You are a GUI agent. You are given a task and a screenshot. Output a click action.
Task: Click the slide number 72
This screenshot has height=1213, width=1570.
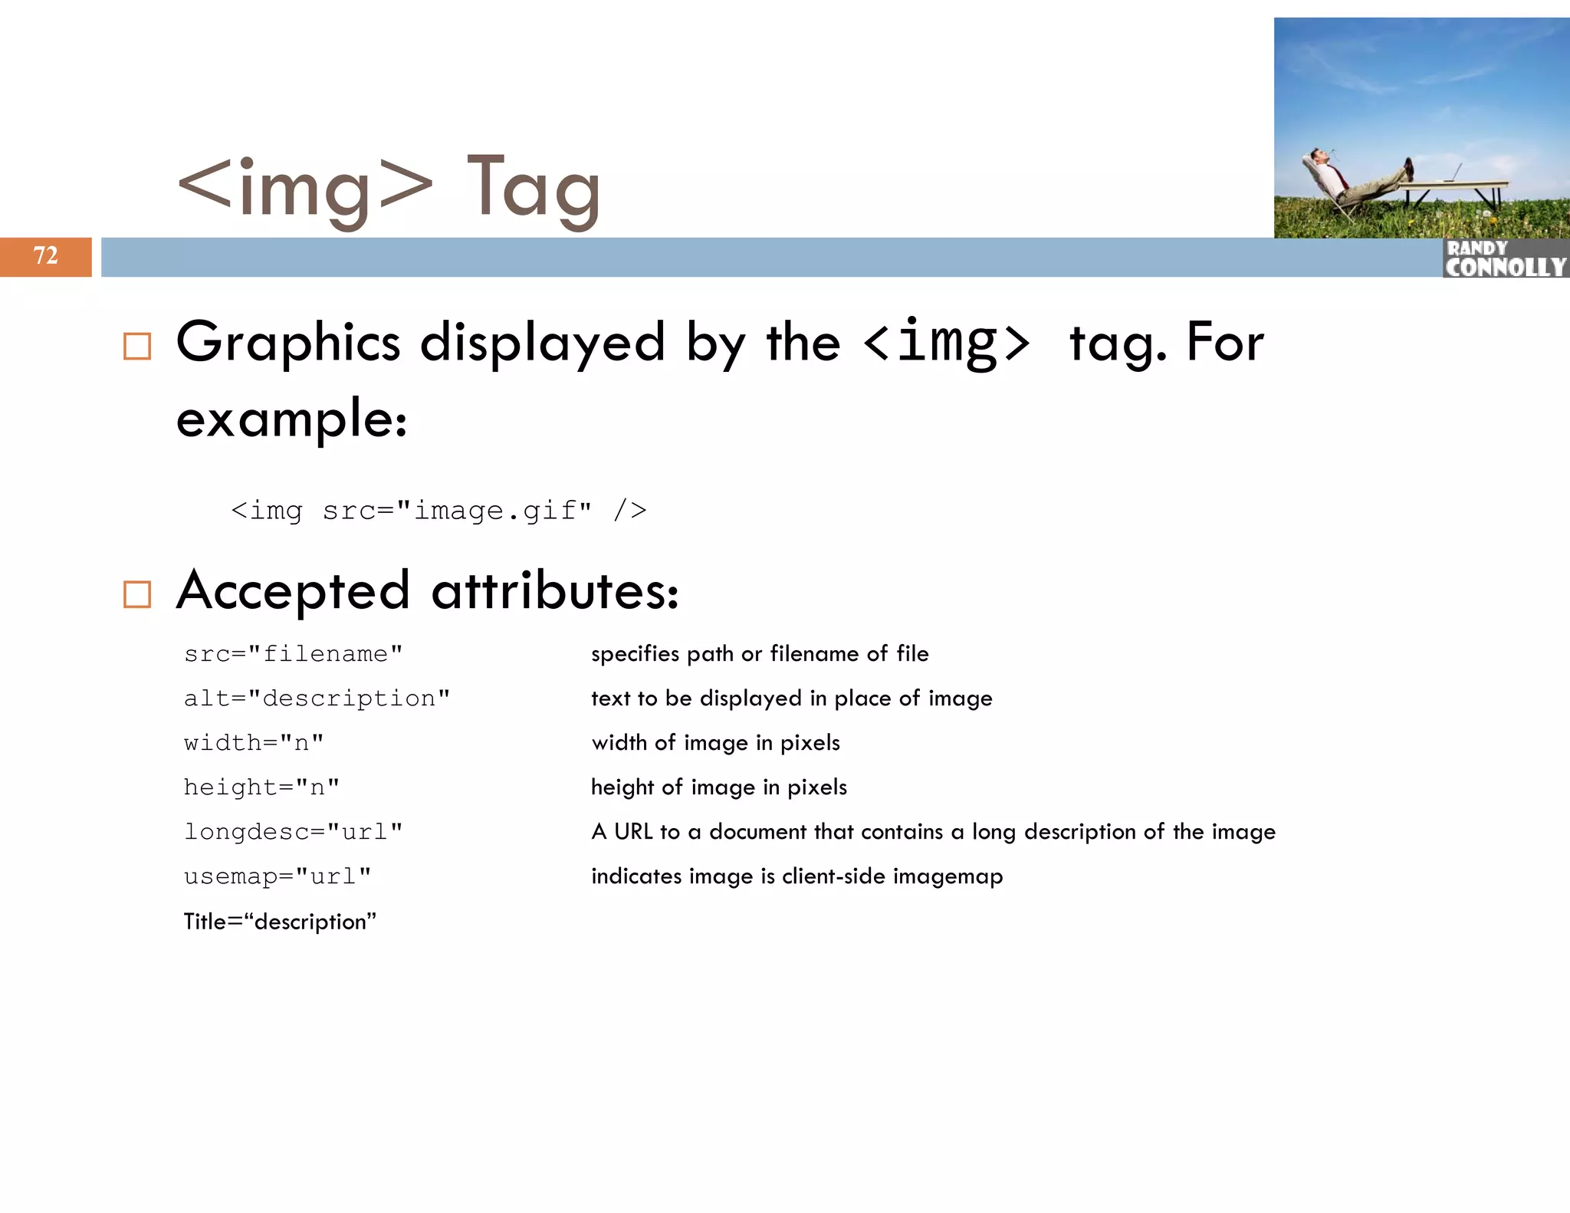(x=45, y=255)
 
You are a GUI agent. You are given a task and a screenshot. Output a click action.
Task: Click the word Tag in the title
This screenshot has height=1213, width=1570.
(x=533, y=188)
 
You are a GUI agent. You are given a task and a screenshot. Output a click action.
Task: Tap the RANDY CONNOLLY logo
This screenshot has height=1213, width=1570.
(x=1504, y=258)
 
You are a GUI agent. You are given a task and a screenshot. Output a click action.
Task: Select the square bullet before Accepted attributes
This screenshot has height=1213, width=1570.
(x=137, y=594)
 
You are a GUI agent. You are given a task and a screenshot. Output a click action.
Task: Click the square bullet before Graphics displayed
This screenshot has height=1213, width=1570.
(x=137, y=346)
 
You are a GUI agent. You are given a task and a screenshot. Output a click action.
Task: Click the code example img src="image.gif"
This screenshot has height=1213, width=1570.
(x=438, y=510)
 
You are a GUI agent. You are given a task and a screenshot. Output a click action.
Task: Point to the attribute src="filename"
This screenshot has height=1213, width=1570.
(x=293, y=654)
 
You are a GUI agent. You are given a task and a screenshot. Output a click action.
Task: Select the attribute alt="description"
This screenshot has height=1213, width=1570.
(x=317, y=699)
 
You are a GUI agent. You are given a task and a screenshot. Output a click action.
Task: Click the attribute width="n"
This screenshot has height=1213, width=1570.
(x=254, y=743)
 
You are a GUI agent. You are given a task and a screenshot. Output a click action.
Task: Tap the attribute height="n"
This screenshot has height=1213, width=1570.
(x=261, y=787)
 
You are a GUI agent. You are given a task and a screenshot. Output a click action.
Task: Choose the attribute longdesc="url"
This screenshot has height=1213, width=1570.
(x=293, y=832)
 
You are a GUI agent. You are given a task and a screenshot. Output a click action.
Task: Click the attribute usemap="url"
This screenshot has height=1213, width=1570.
(x=278, y=876)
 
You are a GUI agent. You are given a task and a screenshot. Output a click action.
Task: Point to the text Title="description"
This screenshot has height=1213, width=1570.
(x=280, y=921)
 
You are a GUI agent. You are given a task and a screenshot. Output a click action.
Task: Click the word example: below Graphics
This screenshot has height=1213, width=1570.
(x=291, y=420)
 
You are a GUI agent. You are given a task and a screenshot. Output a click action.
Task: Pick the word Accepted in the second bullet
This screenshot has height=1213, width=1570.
(x=293, y=591)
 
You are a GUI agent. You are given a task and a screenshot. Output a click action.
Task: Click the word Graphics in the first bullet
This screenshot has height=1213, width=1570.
(x=287, y=343)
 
